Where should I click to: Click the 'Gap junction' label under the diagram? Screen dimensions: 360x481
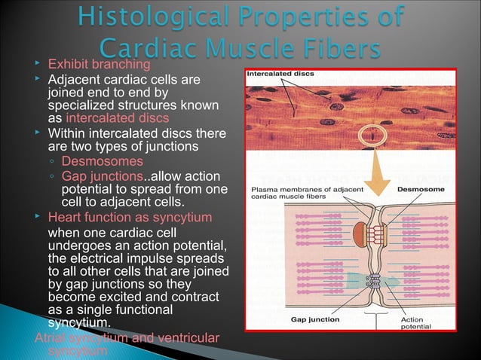tap(315, 319)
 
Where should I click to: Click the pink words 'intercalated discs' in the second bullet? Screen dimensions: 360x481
tap(117, 118)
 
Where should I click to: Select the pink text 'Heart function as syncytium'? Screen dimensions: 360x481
tap(130, 218)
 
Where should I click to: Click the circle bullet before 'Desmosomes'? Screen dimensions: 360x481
tap(52, 162)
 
